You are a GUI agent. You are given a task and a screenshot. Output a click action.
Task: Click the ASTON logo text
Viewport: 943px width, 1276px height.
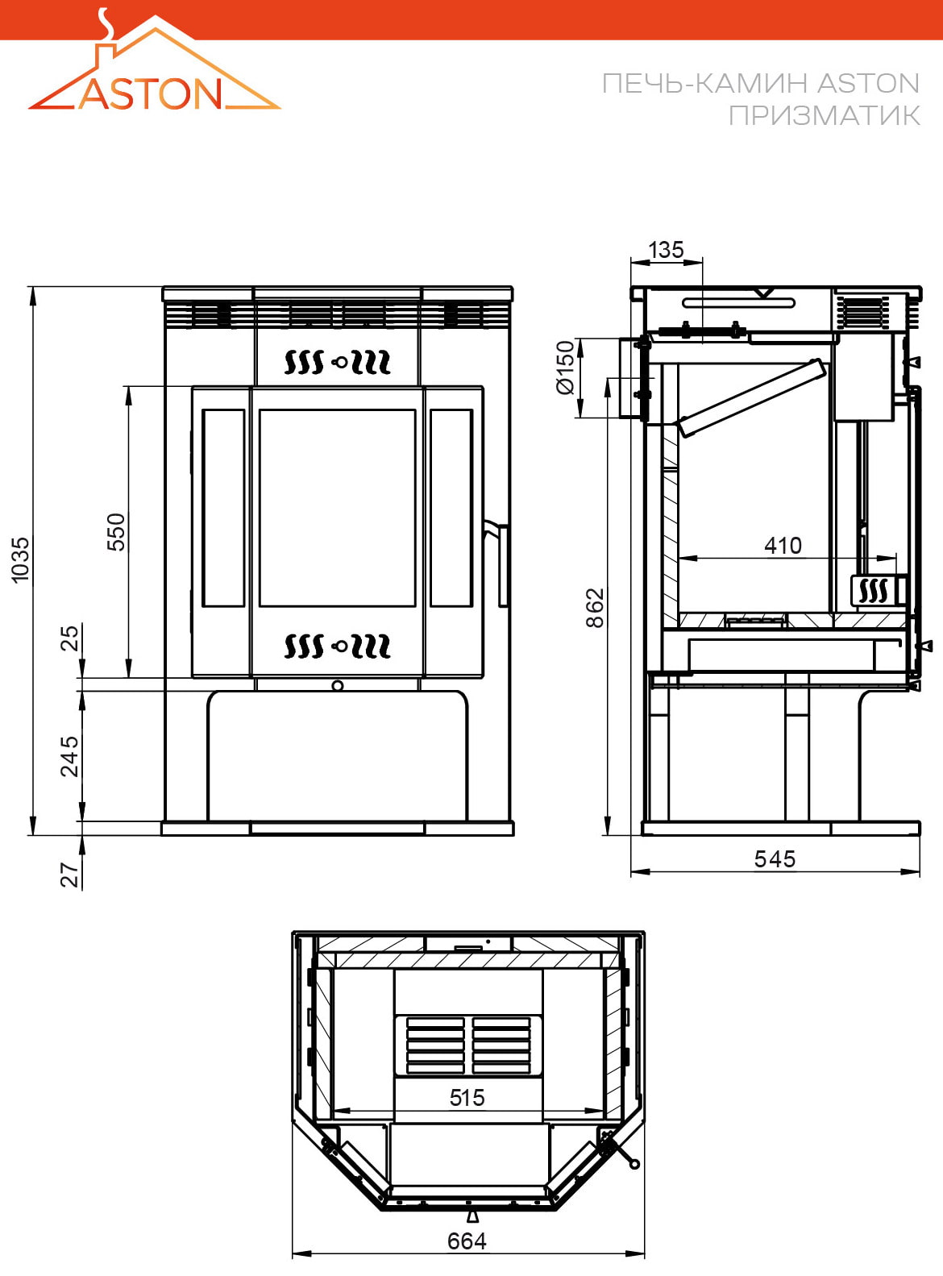pos(151,94)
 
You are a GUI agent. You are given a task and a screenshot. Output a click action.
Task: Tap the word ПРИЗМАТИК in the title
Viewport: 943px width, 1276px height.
pos(824,115)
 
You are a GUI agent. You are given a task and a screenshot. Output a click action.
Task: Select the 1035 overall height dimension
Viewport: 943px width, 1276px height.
pos(20,559)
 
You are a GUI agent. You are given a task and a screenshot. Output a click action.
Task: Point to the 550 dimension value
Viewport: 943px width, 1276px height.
pos(116,532)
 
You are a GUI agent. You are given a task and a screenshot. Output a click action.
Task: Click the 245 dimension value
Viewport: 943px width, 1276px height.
pos(69,757)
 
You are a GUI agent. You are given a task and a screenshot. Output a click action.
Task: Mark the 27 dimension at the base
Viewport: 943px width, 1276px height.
pos(69,875)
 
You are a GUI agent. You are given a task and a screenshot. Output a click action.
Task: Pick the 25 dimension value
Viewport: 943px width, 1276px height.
pos(69,638)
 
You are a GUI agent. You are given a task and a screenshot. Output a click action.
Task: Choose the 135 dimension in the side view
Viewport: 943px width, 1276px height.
pos(666,250)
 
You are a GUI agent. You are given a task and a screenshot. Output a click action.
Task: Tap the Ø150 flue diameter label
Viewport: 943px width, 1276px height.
pos(566,367)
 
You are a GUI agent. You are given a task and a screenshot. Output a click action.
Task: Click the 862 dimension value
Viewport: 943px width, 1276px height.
pos(596,608)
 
